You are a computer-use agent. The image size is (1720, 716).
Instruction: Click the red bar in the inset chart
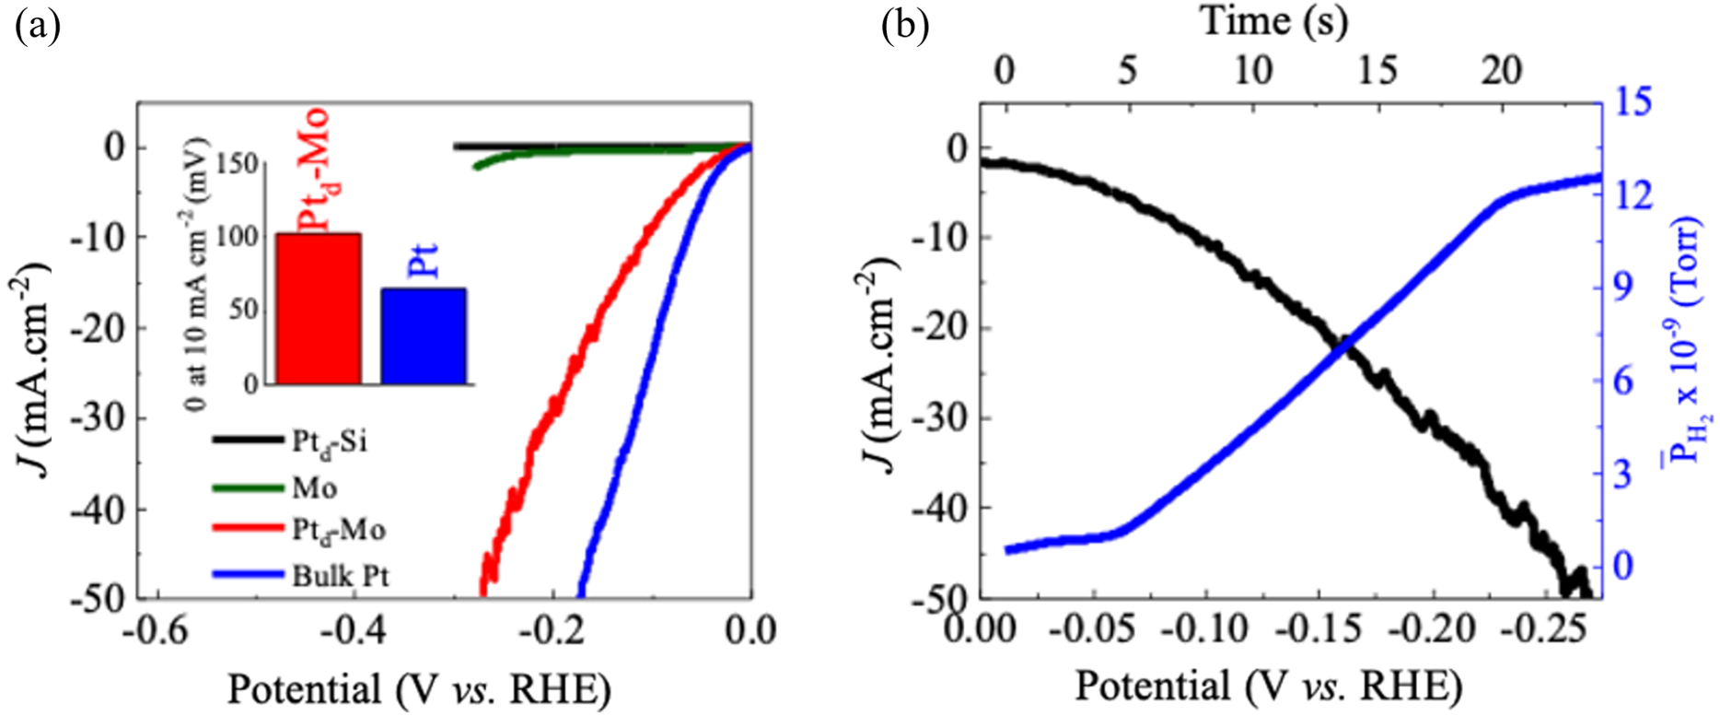click(319, 308)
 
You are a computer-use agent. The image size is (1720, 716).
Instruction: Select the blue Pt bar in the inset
click(424, 335)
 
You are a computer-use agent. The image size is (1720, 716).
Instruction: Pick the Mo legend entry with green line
click(314, 488)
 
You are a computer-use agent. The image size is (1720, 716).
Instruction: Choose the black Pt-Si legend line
click(247, 441)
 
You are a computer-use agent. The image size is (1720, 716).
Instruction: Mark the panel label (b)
click(904, 28)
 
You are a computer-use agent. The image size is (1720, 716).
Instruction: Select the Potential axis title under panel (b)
click(1268, 687)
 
